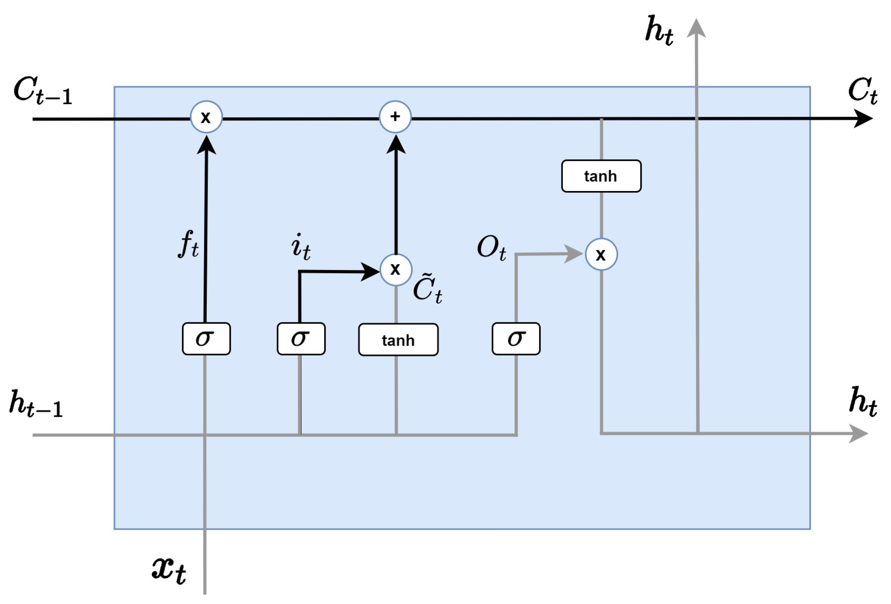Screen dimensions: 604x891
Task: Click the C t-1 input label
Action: click(x=43, y=91)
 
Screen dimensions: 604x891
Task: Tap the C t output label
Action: click(x=862, y=91)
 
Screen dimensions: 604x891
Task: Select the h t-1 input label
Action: click(x=37, y=405)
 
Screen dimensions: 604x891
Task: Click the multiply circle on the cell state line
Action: click(x=206, y=117)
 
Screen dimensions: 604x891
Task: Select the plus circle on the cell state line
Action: click(x=395, y=117)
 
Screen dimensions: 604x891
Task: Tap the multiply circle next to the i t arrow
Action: click(x=396, y=270)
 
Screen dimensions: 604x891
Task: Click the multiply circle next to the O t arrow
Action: click(x=601, y=254)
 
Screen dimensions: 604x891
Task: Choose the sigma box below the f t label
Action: click(x=206, y=339)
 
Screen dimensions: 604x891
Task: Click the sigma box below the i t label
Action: click(x=301, y=339)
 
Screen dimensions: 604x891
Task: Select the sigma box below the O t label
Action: click(x=516, y=339)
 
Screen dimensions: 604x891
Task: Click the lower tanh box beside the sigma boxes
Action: click(x=398, y=340)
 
